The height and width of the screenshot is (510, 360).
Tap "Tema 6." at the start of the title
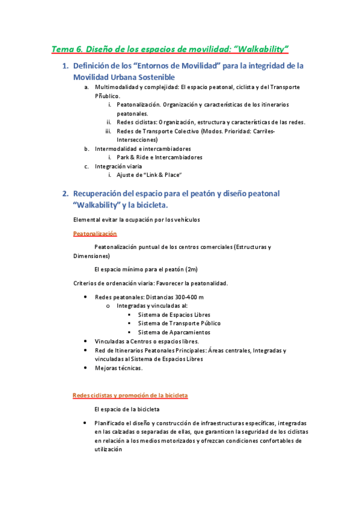(x=67, y=48)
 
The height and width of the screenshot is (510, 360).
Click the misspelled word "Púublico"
(x=107, y=96)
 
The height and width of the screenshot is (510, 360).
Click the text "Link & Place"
(x=159, y=175)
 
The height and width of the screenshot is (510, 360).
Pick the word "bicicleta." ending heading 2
(x=148, y=205)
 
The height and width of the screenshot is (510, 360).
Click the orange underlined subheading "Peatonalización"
(x=95, y=233)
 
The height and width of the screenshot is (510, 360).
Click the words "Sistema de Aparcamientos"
(x=174, y=332)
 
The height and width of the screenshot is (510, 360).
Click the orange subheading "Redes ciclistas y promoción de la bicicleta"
(x=130, y=395)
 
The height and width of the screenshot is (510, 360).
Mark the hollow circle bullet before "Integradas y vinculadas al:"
(x=108, y=306)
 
